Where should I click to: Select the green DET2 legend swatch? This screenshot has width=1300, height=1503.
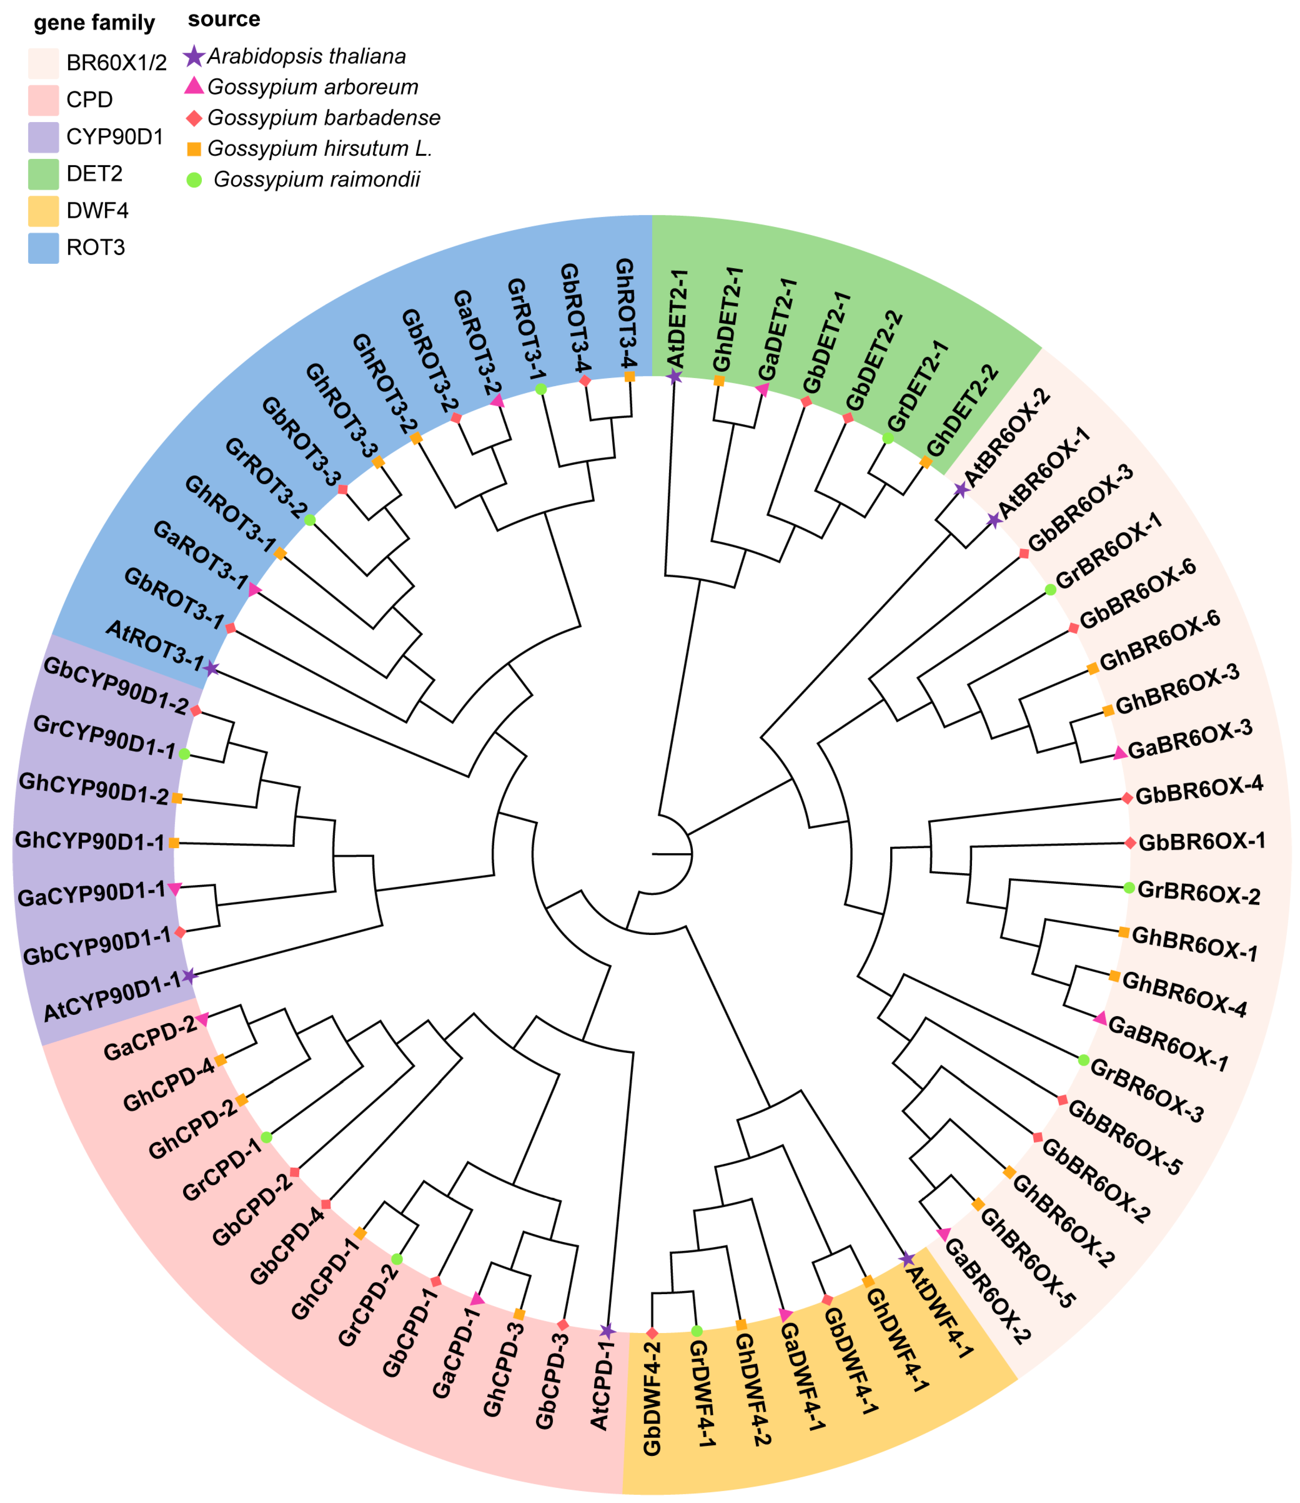pyautogui.click(x=43, y=174)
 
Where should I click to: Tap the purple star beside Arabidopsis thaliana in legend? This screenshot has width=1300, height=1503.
pyautogui.click(x=194, y=57)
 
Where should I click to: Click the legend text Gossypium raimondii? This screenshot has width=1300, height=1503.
pyautogui.click(x=316, y=179)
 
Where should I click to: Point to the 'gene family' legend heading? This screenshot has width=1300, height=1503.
pyautogui.click(x=94, y=23)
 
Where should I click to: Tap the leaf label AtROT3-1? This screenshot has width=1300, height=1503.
pyautogui.click(x=154, y=645)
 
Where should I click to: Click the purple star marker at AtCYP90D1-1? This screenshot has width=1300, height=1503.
pyautogui.click(x=189, y=976)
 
